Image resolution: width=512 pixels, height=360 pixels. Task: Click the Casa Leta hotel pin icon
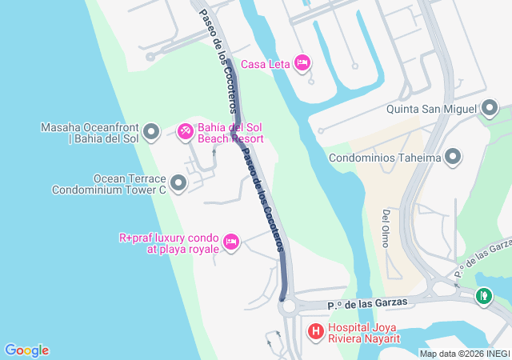(x=302, y=62)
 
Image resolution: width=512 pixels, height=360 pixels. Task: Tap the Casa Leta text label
(x=264, y=63)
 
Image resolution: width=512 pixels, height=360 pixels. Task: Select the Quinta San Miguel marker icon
(x=490, y=109)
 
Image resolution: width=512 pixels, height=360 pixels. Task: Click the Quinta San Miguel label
(x=431, y=109)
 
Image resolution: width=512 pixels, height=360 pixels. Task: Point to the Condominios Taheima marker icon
(x=454, y=157)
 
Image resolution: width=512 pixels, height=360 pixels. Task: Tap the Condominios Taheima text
(x=385, y=158)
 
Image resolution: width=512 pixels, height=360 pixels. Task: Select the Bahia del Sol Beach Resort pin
(x=185, y=130)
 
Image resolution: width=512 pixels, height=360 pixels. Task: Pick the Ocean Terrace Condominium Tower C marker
(x=178, y=184)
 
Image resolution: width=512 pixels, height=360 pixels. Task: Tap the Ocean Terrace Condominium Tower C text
(x=109, y=184)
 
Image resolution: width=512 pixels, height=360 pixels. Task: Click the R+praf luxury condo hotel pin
(x=231, y=242)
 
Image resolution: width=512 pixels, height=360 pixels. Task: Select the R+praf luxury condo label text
(x=169, y=243)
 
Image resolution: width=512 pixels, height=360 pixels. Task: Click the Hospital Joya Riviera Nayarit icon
(x=316, y=330)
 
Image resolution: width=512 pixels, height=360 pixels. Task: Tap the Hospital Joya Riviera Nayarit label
(x=364, y=334)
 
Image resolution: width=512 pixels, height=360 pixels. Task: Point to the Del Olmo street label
(x=386, y=228)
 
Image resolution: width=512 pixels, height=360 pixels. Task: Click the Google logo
(x=26, y=350)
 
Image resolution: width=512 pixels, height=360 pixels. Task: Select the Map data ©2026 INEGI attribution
(x=464, y=354)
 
